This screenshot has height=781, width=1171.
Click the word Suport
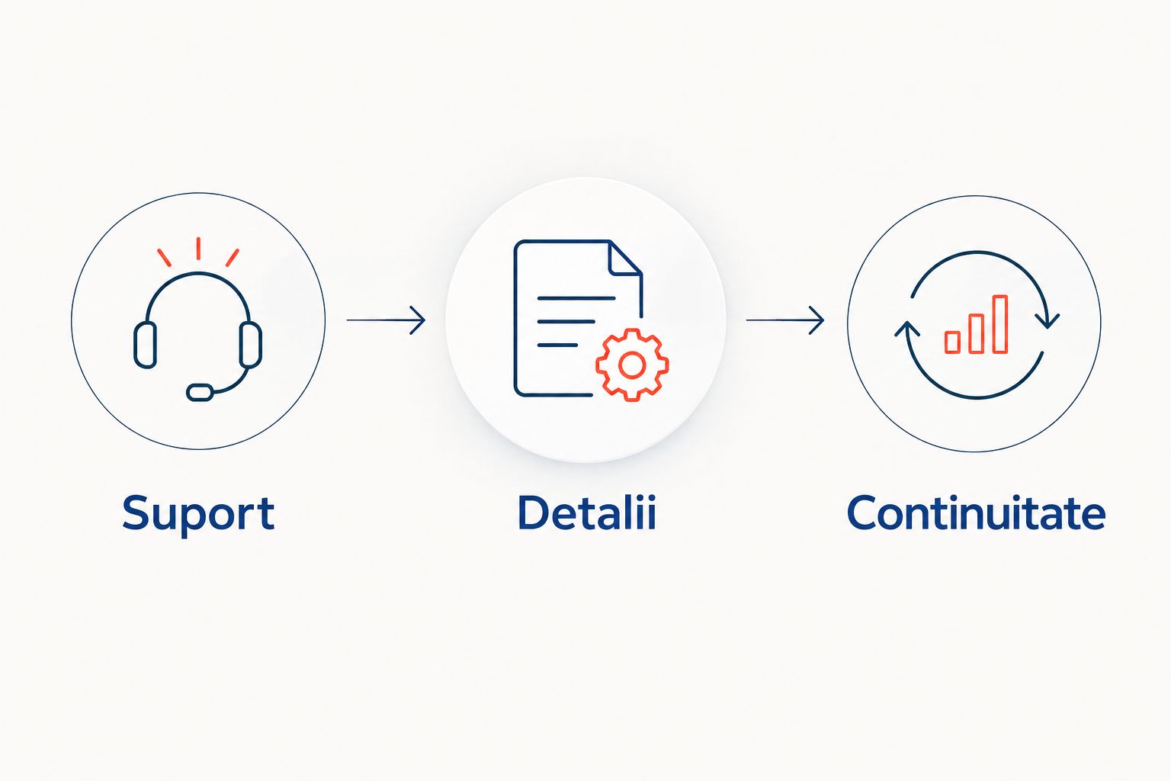(x=198, y=514)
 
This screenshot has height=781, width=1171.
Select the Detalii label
(x=586, y=513)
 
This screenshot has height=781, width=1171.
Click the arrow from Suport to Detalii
(x=386, y=320)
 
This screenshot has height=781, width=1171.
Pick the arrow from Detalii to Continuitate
(x=785, y=320)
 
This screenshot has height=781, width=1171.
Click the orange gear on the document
(x=632, y=365)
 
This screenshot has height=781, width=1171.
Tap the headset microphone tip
(x=200, y=392)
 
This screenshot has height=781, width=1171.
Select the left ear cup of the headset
(x=145, y=345)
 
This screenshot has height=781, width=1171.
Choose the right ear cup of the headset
(x=250, y=345)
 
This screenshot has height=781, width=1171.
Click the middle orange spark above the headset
(x=199, y=249)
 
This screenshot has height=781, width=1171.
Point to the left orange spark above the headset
(x=164, y=257)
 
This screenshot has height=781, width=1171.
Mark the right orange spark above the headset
(x=233, y=257)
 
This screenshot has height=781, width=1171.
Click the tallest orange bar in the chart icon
(x=1000, y=324)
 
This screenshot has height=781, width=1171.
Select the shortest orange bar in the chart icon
(x=952, y=342)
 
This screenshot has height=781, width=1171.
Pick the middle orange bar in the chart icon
(x=976, y=333)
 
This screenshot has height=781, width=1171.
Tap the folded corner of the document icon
(x=626, y=257)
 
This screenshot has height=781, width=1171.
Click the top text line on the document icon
(x=576, y=298)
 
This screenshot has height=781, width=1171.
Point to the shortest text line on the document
(x=557, y=346)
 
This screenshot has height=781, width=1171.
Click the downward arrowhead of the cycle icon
(x=1047, y=320)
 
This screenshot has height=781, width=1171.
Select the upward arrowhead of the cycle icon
(x=907, y=329)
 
